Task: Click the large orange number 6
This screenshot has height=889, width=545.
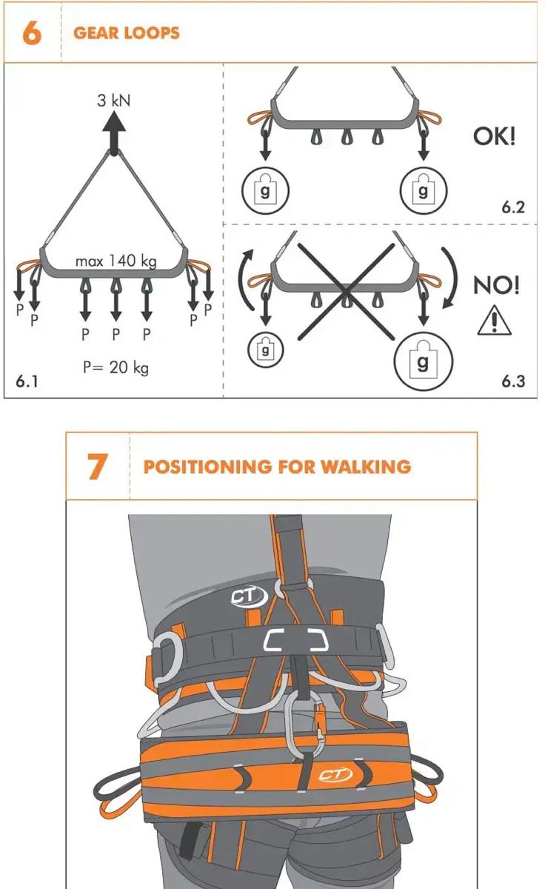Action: point(32,33)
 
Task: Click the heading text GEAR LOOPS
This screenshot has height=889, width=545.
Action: point(127,33)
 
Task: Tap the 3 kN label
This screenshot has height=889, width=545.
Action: point(114,101)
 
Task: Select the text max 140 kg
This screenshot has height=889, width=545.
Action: point(116,261)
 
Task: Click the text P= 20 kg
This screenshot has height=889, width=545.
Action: point(116,367)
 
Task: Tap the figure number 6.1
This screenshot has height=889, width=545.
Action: point(27,381)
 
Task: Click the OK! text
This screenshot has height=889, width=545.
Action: point(494,136)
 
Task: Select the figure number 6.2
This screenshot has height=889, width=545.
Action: point(513,207)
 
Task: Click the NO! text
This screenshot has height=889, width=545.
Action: point(496,285)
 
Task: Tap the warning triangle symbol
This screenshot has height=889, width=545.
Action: point(494,320)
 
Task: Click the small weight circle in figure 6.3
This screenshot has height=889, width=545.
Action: point(265,350)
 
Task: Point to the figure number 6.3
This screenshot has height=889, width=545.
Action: point(513,381)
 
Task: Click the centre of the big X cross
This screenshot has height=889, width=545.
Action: point(346,292)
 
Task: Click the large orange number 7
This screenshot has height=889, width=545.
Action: point(97,466)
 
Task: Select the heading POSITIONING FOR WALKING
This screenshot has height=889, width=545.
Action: point(277,467)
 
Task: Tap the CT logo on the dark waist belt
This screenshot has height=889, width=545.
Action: point(249,596)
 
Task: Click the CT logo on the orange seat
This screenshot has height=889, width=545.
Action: point(335,773)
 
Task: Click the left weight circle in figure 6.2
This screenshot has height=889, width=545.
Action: point(265,190)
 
